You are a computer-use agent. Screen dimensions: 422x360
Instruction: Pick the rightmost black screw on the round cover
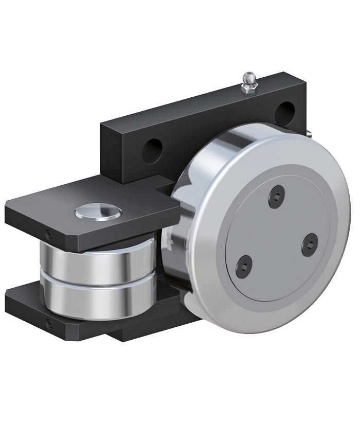(x=310, y=244)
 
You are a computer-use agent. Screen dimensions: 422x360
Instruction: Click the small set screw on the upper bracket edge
(x=48, y=235)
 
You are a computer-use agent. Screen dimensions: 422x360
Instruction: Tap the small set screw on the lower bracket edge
(x=48, y=324)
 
